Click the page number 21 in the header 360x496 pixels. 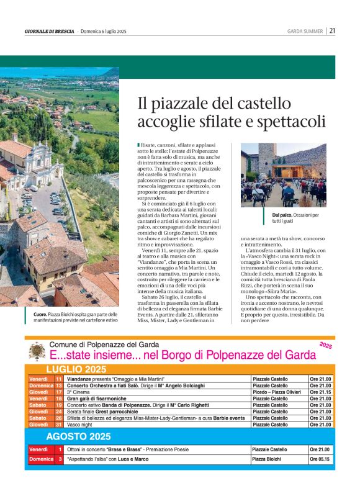click(333, 30)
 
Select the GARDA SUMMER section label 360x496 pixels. click(305, 31)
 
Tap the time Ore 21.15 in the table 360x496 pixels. click(320, 393)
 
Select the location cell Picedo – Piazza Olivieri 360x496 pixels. click(276, 393)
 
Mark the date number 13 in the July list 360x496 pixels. click(58, 386)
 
